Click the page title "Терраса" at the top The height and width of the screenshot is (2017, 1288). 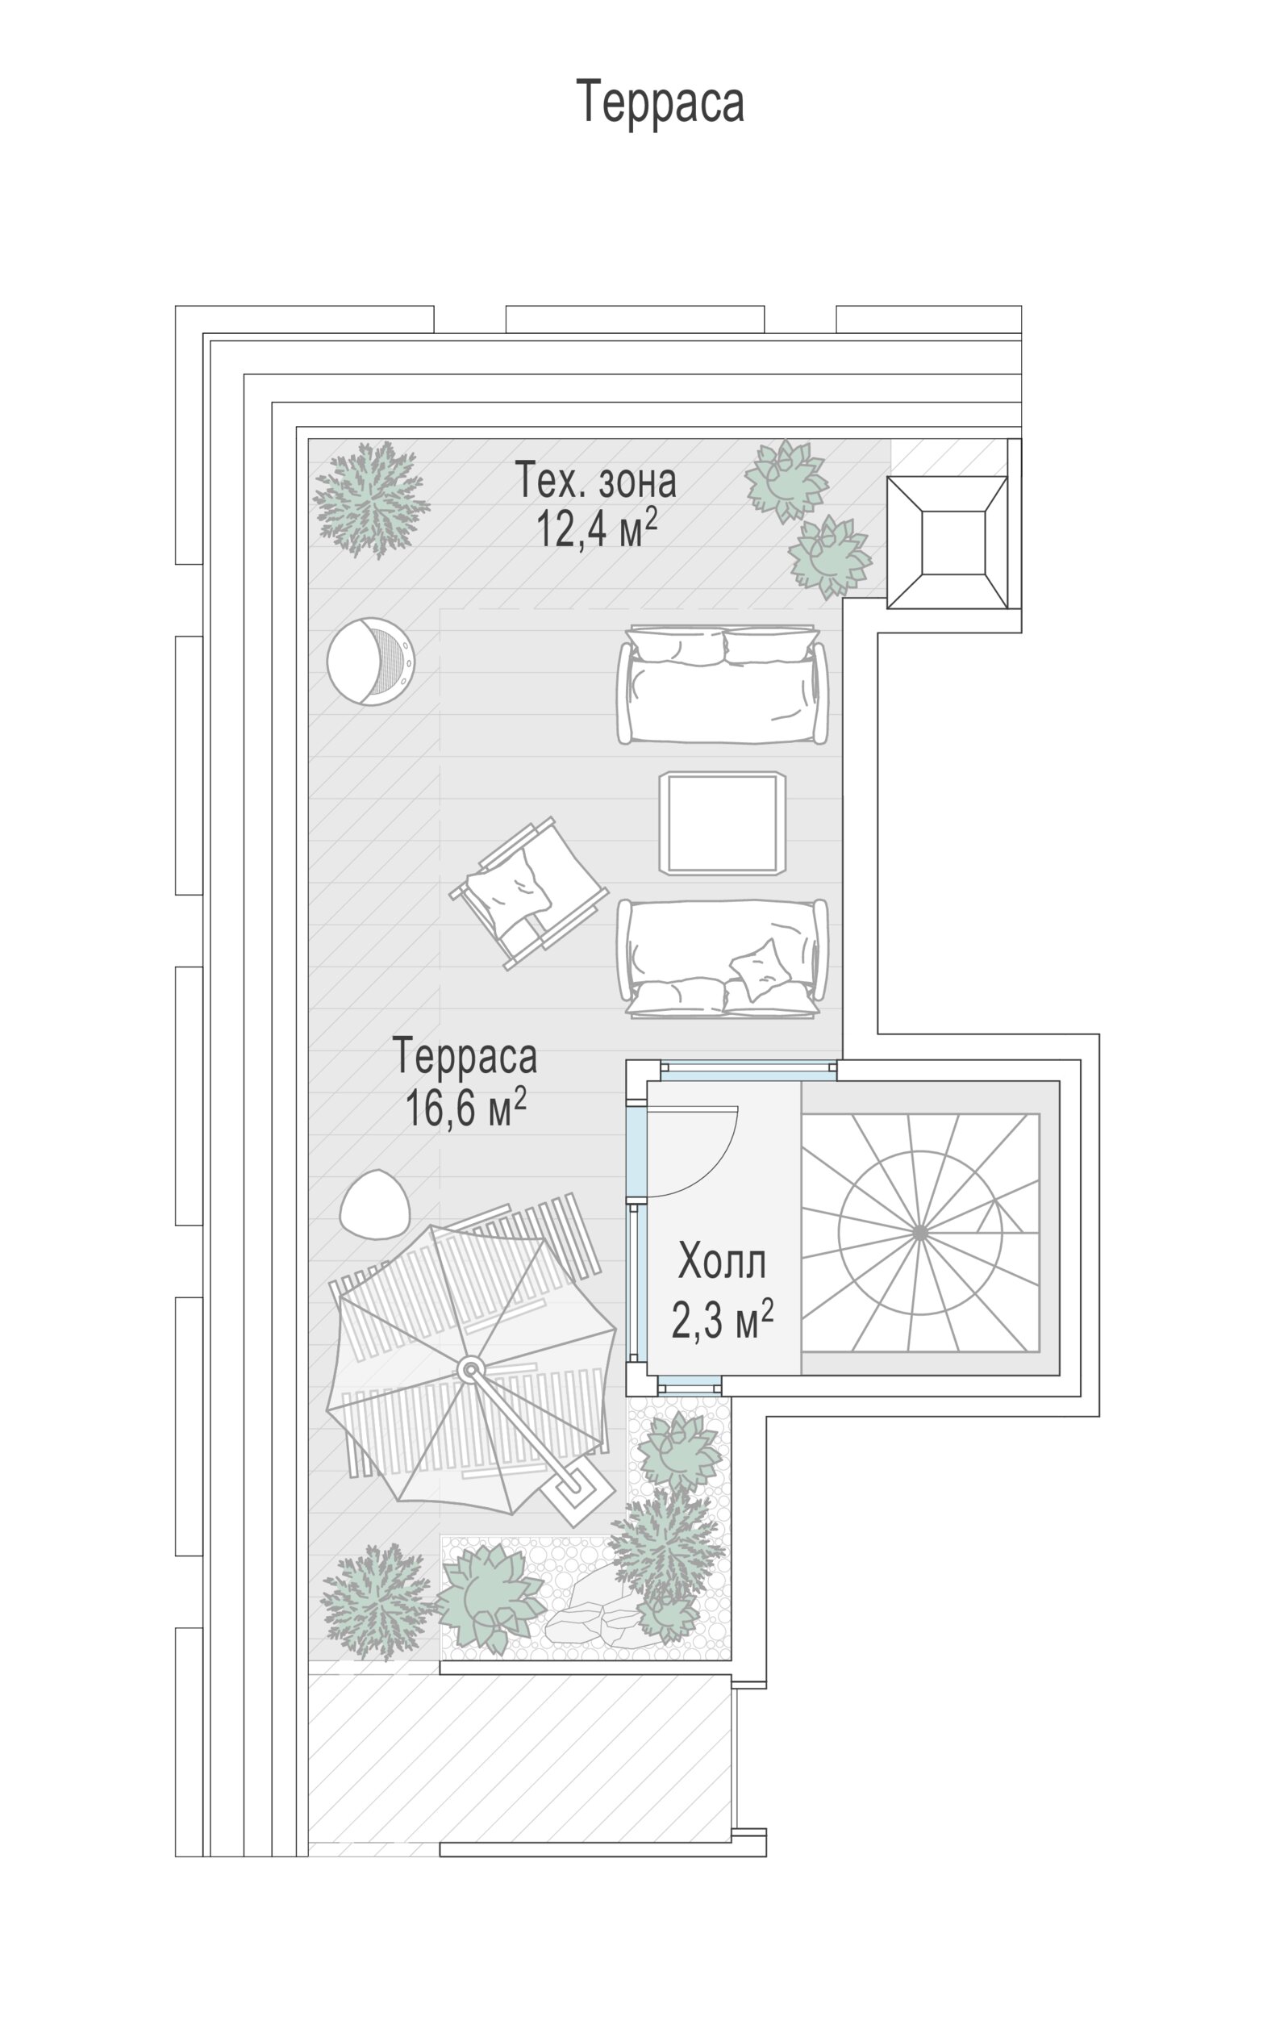click(660, 102)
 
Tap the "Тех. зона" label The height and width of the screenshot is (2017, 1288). click(594, 480)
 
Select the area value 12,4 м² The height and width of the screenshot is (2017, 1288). click(596, 528)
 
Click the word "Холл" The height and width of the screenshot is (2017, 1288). click(722, 1262)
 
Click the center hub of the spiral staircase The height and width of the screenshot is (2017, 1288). click(919, 1232)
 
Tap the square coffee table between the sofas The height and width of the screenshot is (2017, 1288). click(722, 823)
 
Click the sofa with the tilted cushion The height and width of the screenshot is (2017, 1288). click(722, 958)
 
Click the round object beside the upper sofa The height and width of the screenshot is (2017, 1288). click(371, 662)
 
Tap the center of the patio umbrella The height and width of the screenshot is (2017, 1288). click(471, 1371)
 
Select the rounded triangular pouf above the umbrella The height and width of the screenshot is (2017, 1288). click(374, 1204)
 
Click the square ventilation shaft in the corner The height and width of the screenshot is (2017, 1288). click(947, 543)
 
